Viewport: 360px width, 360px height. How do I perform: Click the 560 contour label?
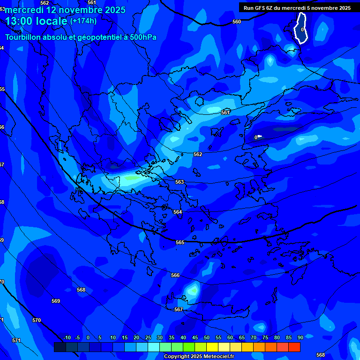tap(237, 22)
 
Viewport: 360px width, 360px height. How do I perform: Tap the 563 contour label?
tap(180, 182)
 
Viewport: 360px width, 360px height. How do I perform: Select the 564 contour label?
tap(178, 212)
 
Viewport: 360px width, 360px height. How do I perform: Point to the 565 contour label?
tap(180, 242)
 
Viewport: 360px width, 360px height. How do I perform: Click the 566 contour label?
tap(175, 275)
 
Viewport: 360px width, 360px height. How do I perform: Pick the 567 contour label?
tap(179, 309)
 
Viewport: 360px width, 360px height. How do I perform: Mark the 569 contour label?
tap(56, 301)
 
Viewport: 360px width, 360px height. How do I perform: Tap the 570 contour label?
tap(37, 320)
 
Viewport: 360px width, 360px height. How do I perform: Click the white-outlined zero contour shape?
tap(301, 29)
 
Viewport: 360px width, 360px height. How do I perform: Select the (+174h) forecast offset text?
tap(83, 21)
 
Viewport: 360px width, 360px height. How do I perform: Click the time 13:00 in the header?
tap(22, 21)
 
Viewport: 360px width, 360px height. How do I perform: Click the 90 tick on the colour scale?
tap(300, 337)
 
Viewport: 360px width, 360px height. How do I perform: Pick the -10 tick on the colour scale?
tap(67, 337)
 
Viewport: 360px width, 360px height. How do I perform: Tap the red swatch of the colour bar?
tap(294, 347)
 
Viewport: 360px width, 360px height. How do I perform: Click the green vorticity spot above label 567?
tap(193, 291)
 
